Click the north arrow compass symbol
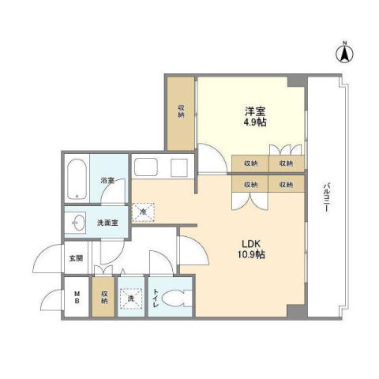point(345,55)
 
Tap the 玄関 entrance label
point(75,257)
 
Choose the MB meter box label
point(77,297)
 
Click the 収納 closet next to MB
point(103,297)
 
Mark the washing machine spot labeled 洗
point(130,298)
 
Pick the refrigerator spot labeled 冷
point(143,212)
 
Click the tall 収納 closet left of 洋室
point(181,112)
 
